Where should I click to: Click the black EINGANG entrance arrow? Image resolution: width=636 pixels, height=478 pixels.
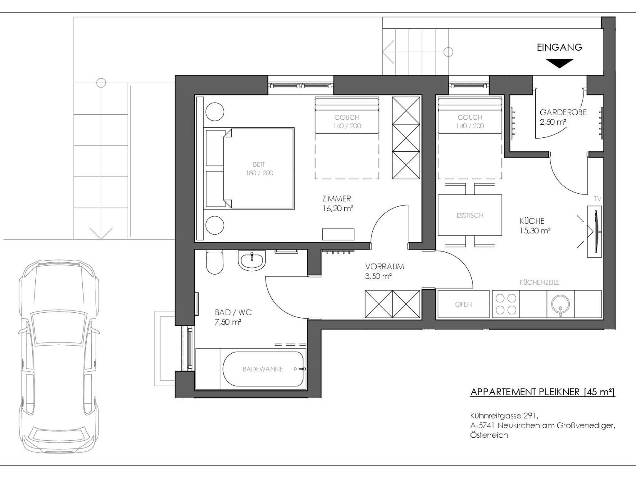click(559, 63)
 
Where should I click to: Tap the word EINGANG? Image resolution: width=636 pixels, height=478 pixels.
click(559, 47)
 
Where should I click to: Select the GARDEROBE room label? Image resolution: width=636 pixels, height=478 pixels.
click(563, 112)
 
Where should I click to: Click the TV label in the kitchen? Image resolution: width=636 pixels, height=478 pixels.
click(597, 199)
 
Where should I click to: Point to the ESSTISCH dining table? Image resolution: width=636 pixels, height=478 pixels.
click(470, 215)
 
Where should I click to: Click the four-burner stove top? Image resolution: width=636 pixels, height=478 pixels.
click(506, 304)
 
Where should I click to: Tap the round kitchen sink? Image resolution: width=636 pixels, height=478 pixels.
click(561, 304)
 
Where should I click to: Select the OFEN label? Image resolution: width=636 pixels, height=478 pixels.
click(463, 305)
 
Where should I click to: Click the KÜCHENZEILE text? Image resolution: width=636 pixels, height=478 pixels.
click(539, 282)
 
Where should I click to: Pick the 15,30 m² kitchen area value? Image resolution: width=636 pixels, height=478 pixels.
click(535, 231)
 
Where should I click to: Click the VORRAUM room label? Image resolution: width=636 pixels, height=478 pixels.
click(384, 266)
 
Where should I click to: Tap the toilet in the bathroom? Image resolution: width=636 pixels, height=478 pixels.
click(215, 262)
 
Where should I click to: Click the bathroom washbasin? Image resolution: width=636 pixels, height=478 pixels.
click(252, 260)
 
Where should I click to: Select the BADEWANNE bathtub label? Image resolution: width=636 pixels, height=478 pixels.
click(263, 369)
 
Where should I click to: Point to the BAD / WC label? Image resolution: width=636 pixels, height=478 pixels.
click(233, 312)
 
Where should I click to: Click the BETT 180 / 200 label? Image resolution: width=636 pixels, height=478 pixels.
click(259, 169)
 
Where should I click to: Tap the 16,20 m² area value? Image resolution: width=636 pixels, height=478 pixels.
click(338, 208)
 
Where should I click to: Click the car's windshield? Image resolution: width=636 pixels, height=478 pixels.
click(59, 328)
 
